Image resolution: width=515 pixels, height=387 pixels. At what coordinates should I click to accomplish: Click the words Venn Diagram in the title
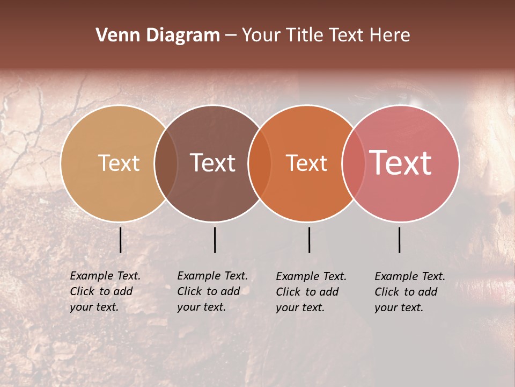tap(158, 35)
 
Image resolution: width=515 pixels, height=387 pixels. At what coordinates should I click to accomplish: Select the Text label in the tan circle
tap(119, 163)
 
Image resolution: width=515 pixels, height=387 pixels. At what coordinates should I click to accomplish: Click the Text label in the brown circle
tap(213, 163)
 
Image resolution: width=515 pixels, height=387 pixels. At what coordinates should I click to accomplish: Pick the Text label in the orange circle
tap(306, 163)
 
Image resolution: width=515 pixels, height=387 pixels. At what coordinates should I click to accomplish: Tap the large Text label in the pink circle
tap(401, 163)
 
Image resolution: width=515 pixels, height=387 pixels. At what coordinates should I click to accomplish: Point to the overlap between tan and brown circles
tap(166, 163)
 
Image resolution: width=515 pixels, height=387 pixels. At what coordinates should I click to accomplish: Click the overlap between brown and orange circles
tap(260, 163)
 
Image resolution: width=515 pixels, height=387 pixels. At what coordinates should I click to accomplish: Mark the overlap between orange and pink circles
tap(353, 163)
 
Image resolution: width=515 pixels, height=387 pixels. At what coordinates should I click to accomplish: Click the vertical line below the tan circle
tap(121, 240)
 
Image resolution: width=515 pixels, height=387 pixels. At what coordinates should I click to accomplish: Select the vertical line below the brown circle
tap(215, 240)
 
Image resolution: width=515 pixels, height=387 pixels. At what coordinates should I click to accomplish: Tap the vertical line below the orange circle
tap(310, 240)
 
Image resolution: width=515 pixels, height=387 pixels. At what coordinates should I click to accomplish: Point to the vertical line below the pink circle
tap(400, 240)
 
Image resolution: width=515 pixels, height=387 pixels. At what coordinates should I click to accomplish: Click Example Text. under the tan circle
tap(105, 276)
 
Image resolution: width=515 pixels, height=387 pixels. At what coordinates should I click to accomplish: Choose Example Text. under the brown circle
tap(212, 276)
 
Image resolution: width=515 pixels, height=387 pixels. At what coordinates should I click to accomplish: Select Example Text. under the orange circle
tap(311, 276)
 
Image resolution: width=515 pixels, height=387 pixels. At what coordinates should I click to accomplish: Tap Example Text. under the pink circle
tap(410, 276)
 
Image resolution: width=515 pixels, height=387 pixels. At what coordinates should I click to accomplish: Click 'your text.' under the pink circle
tap(399, 307)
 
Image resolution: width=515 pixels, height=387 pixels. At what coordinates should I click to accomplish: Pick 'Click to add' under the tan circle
tap(101, 291)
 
